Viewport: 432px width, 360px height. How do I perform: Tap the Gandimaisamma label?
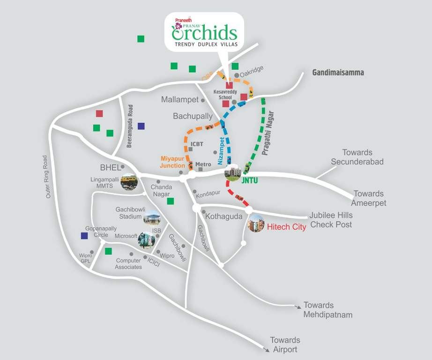[x=338, y=73]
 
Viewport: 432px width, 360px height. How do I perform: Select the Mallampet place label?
[x=180, y=100]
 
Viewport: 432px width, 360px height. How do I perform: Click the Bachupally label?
[x=193, y=116]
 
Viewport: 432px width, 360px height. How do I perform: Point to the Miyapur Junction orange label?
[x=173, y=162]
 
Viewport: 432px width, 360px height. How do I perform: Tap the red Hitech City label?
[x=286, y=227]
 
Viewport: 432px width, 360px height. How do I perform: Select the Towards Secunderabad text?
[x=357, y=157]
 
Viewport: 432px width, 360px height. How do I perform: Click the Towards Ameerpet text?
[x=369, y=198]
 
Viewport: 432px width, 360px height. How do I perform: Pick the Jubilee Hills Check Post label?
[x=331, y=220]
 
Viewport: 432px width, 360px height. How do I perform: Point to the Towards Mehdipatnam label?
[x=328, y=310]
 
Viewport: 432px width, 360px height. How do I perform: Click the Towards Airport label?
[x=285, y=345]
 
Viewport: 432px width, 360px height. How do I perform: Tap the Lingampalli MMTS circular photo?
[x=129, y=181]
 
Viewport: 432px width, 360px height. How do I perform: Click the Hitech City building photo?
[x=256, y=223]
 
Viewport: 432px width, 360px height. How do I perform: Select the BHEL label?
[x=110, y=167]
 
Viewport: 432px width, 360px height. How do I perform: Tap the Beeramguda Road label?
[x=130, y=126]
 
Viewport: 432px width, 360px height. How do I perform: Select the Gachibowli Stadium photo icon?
[x=151, y=217]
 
